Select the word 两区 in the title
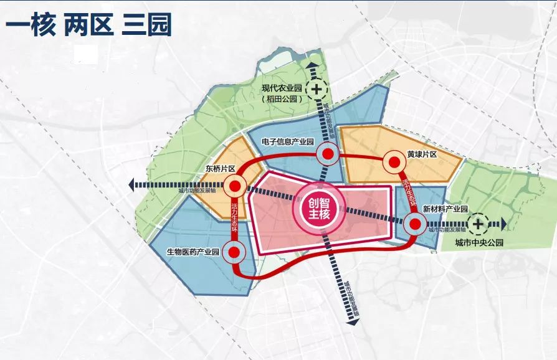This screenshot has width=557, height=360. (87, 26)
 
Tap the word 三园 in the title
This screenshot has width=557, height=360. (146, 26)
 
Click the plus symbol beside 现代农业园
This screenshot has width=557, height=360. (318, 89)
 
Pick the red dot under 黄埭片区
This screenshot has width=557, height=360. (393, 163)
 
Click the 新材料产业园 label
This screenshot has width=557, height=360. (444, 209)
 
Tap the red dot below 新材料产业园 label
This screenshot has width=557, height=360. (413, 224)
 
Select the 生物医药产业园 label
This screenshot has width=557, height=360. (193, 252)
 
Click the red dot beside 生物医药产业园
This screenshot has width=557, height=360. (234, 252)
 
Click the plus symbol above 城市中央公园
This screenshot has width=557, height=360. (478, 223)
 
